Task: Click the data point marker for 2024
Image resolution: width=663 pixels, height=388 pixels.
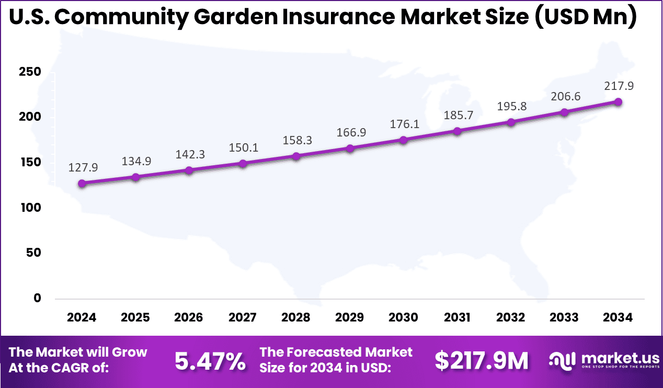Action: point(82,183)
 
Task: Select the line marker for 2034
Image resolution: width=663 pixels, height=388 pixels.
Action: point(618,101)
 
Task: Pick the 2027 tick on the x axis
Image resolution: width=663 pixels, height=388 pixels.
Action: point(243,317)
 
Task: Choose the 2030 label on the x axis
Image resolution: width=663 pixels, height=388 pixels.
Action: point(404,317)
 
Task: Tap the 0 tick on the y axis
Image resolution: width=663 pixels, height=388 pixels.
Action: point(37,298)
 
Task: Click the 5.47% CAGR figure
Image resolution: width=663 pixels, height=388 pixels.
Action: point(210,361)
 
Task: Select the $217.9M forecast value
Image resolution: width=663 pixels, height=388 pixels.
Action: point(482,361)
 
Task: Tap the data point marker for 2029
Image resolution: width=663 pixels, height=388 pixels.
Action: point(350,148)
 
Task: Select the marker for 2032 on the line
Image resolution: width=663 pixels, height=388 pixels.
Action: point(511,122)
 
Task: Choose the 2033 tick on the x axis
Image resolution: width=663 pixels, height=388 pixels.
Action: point(564,317)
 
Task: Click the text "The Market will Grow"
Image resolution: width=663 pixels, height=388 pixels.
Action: point(78,352)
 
